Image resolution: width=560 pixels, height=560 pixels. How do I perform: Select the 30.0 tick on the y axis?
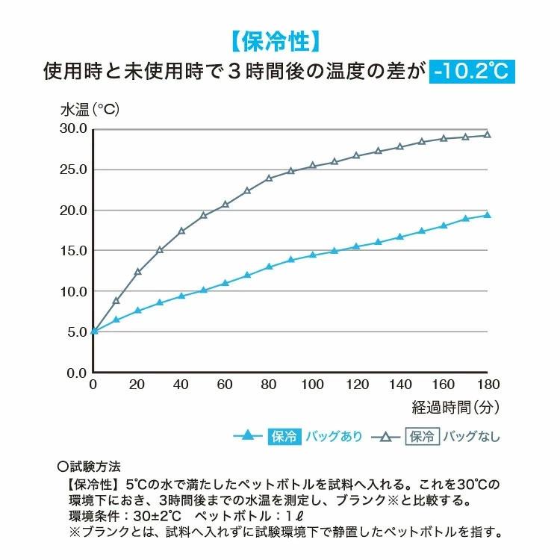74,129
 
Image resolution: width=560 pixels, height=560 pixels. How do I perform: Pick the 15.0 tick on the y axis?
74,251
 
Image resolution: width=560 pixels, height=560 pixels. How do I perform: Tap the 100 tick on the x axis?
313,385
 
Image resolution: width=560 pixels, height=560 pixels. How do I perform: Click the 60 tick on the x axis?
225,385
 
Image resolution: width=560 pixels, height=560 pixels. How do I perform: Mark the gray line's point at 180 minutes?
488,135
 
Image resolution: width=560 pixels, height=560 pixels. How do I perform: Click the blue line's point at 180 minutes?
488,215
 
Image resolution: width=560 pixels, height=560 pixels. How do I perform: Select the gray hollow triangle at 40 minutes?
181,231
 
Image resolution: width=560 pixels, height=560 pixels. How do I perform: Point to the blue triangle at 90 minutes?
291,260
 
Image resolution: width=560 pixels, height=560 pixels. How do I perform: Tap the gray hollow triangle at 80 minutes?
270,178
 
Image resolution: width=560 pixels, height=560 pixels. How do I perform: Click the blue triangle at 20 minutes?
137,310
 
